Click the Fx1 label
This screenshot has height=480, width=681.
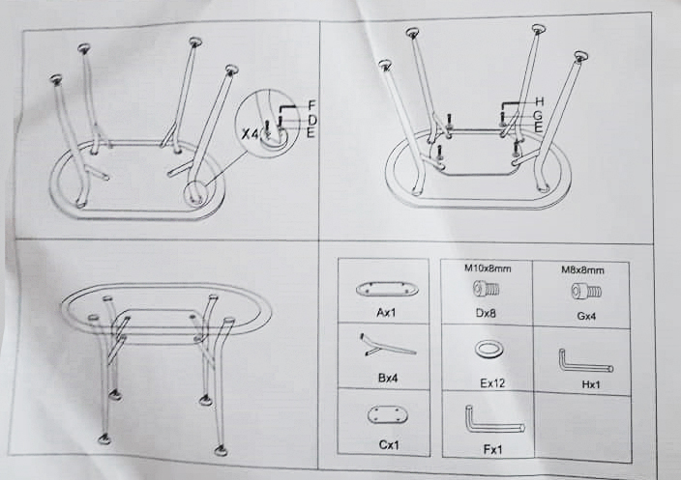(489, 450)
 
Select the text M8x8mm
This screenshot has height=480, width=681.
(584, 270)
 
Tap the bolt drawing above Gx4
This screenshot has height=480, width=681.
(585, 290)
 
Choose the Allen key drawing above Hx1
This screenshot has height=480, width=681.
(583, 361)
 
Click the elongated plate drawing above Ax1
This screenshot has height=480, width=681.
(387, 289)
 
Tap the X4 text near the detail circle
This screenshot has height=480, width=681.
(250, 134)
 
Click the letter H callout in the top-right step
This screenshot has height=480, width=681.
(540, 101)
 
